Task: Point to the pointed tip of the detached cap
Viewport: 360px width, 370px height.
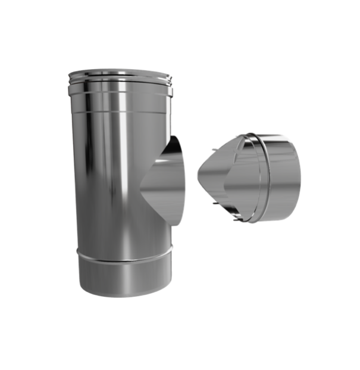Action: (x=198, y=169)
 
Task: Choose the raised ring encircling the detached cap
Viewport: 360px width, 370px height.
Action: (x=256, y=179)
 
